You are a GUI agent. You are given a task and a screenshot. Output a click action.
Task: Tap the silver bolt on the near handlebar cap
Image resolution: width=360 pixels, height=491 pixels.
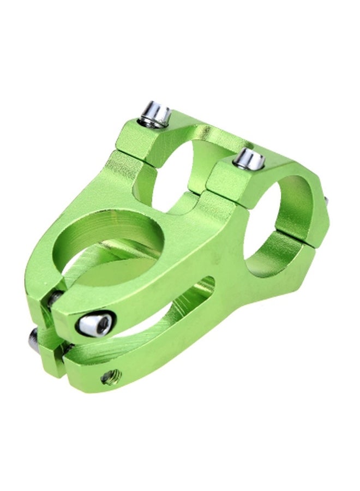249,159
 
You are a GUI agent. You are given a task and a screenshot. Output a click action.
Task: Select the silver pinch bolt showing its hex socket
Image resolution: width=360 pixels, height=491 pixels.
95,324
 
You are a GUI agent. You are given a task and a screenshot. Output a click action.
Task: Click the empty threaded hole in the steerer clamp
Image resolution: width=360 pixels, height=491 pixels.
111,375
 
